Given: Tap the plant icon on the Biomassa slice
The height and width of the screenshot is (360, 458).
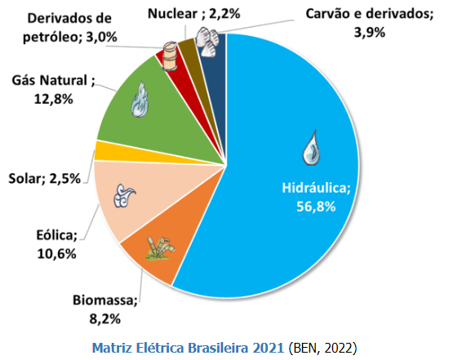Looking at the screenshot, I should (159, 247).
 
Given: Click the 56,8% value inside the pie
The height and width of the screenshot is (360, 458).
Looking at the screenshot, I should (315, 205).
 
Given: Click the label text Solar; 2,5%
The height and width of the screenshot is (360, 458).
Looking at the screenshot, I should (44, 179).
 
